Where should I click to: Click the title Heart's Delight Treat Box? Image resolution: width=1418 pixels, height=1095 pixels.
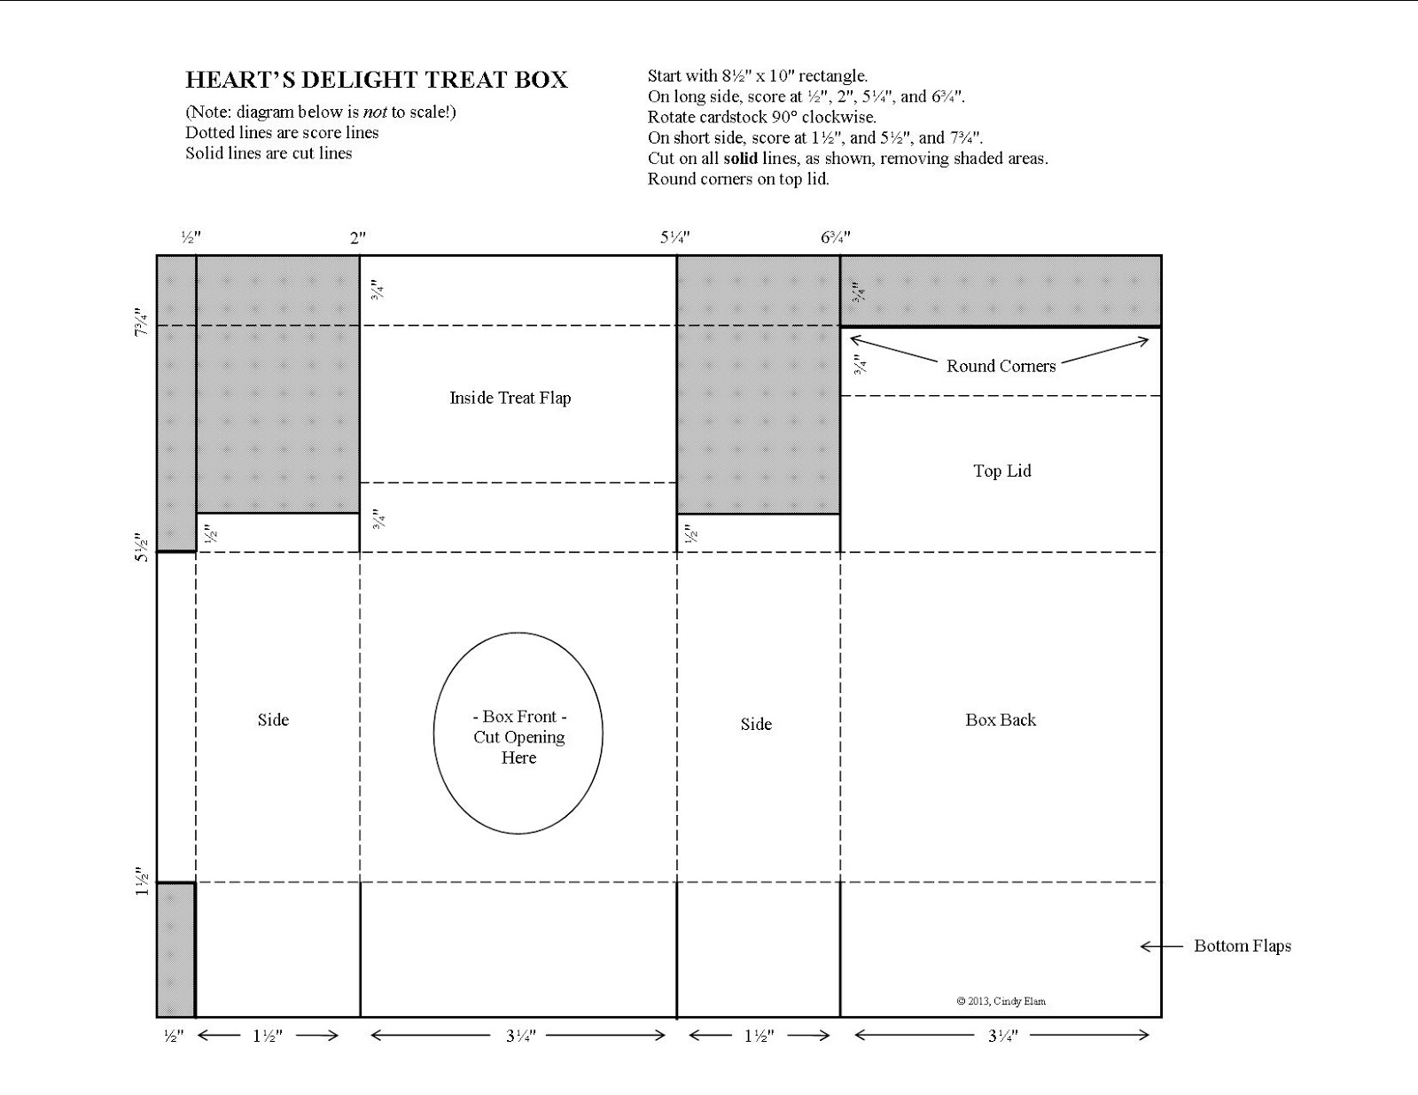point(377,80)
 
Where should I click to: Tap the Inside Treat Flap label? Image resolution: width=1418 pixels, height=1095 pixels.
point(510,398)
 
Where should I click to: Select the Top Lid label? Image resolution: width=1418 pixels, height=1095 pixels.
point(1002,471)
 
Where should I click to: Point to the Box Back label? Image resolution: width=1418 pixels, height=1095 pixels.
point(1001,720)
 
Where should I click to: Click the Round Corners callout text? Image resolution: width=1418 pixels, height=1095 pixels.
point(1001,366)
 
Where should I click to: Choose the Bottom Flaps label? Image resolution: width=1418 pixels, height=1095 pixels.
point(1243,945)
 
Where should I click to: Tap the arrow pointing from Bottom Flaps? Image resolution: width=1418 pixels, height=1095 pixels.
point(1162,946)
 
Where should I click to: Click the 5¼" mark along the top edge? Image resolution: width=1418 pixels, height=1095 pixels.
point(674,237)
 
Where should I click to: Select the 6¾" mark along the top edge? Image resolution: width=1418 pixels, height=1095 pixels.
point(836,237)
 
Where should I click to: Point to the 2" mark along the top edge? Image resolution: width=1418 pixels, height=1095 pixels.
point(357,238)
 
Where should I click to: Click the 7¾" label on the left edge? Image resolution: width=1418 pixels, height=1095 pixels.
point(142,322)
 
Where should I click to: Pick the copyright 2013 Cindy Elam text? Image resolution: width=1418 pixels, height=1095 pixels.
point(1001,1001)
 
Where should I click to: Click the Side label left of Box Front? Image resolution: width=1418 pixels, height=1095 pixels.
point(273,720)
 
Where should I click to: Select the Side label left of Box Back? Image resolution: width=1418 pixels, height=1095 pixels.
point(756,724)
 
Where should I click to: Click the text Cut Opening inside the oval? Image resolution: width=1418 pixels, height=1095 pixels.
point(518,737)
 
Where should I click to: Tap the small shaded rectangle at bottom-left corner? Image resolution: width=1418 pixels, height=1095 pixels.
point(175,951)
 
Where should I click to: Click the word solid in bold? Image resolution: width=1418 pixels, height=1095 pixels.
point(740,159)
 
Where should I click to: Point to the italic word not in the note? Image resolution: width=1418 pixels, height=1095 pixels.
point(375,113)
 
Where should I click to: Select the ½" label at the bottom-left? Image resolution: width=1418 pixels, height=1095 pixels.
point(174,1036)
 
